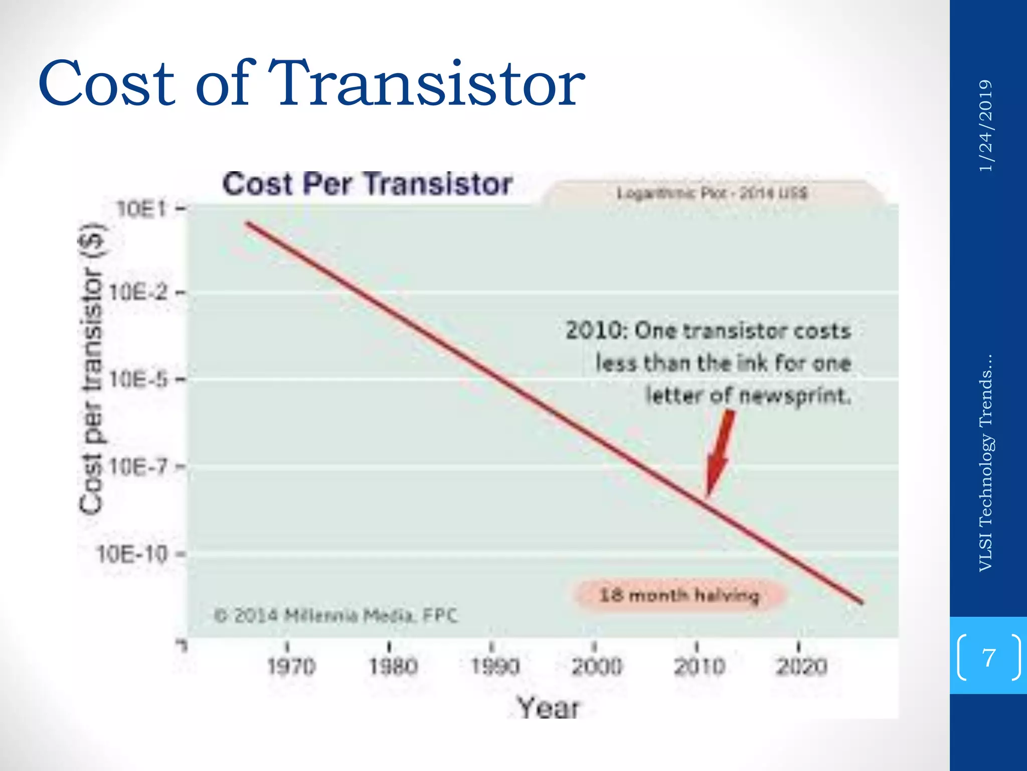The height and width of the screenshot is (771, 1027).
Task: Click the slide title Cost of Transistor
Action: pyautogui.click(x=311, y=83)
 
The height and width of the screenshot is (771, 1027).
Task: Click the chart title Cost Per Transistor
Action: pyautogui.click(x=368, y=184)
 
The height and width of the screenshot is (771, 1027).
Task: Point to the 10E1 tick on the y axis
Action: pyautogui.click(x=141, y=209)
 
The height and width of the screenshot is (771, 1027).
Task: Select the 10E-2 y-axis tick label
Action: pyautogui.click(x=138, y=292)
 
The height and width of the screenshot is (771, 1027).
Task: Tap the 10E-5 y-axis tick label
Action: pyautogui.click(x=138, y=379)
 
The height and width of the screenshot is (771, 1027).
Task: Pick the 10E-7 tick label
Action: pyautogui.click(x=138, y=467)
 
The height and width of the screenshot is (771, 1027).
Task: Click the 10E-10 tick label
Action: pyautogui.click(x=132, y=554)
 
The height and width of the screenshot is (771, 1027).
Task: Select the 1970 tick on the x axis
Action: pyautogui.click(x=291, y=667)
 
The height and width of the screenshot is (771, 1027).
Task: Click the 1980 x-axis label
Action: pyautogui.click(x=393, y=667)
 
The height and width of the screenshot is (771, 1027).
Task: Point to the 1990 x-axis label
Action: pyautogui.click(x=495, y=667)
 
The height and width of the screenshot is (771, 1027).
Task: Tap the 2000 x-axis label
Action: pyautogui.click(x=597, y=667)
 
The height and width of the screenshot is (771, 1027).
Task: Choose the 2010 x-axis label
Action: pyautogui.click(x=699, y=667)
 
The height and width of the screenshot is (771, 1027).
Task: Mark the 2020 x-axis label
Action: pyautogui.click(x=801, y=667)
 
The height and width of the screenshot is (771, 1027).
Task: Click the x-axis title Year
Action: pyautogui.click(x=548, y=708)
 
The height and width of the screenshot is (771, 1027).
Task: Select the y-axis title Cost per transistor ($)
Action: pyautogui.click(x=92, y=369)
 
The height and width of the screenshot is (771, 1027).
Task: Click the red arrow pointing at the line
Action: pyautogui.click(x=720, y=452)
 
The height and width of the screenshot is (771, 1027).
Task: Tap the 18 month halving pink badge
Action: pyautogui.click(x=679, y=595)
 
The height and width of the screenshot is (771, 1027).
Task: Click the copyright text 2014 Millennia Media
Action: pyautogui.click(x=336, y=615)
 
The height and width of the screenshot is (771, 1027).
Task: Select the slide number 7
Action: pyautogui.click(x=988, y=657)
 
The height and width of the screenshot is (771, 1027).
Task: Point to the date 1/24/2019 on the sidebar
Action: pyautogui.click(x=985, y=125)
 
